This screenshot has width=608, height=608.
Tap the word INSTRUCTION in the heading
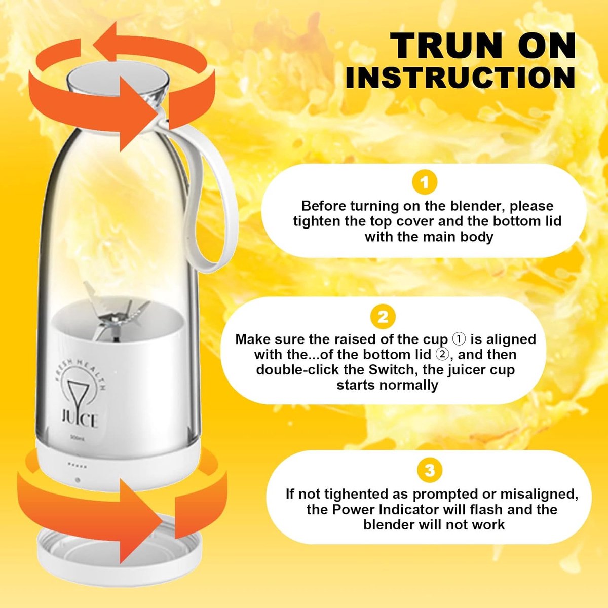click(461, 78)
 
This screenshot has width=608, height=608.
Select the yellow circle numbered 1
click(425, 183)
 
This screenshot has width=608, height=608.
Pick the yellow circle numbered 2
click(383, 317)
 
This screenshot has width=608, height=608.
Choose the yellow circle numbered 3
click(429, 470)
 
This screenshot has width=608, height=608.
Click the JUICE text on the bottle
click(80, 420)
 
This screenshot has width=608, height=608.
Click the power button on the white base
click(78, 480)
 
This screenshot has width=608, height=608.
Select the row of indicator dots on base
click(78, 466)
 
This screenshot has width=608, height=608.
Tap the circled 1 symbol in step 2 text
click(459, 339)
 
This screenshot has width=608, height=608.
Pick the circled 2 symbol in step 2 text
click(442, 355)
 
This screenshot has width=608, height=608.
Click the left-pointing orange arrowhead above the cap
click(105, 42)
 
